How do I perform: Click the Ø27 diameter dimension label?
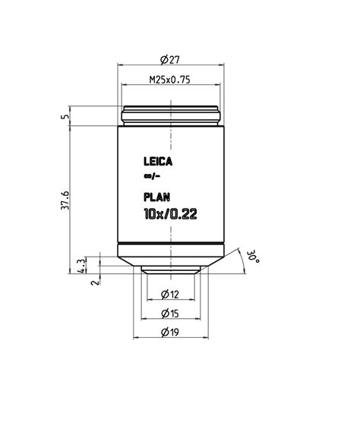[171, 58]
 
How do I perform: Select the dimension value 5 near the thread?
[65, 117]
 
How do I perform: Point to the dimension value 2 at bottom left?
[94, 282]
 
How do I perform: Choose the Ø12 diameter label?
[170, 295]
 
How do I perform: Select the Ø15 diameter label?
[170, 313]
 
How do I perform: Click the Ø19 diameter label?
[170, 331]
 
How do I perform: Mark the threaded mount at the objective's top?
[171, 116]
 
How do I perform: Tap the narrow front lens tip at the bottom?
[171, 270]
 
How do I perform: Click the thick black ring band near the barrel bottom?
[171, 244]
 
